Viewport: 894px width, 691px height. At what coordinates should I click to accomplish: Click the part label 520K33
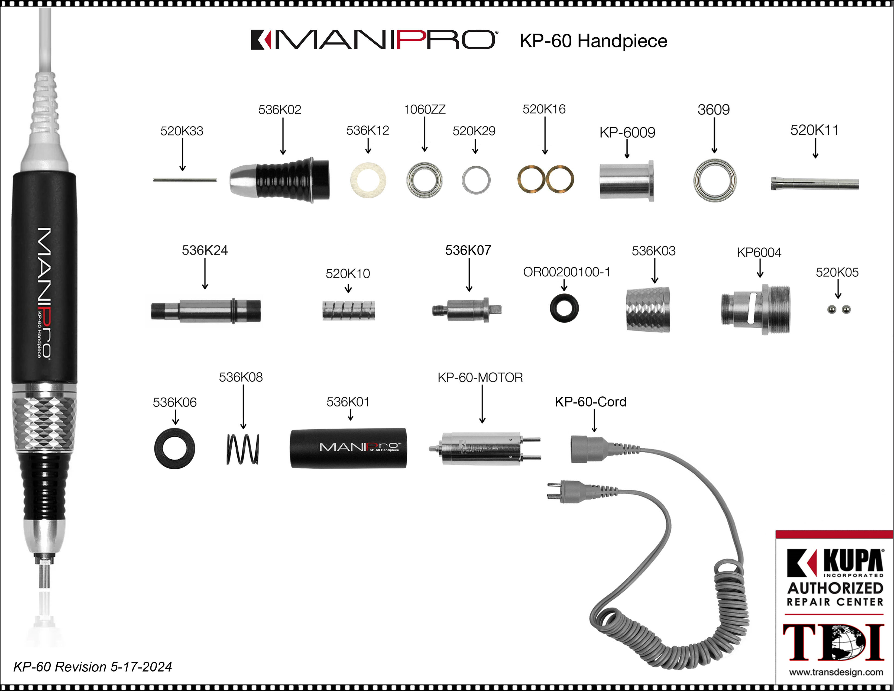182,131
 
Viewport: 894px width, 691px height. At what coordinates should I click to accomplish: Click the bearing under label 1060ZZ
425,180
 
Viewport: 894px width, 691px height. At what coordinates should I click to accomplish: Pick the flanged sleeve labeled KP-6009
626,180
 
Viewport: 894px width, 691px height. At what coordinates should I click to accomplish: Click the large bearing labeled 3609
714,180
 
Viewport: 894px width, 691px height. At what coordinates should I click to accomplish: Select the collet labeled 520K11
815,183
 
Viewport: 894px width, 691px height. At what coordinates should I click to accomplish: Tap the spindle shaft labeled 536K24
206,311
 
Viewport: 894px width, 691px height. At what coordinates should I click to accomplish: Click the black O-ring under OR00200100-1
564,308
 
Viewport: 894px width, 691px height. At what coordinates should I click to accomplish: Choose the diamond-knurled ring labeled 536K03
648,309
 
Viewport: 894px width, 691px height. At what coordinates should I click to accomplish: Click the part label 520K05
837,272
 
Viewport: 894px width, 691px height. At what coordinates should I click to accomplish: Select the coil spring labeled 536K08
243,449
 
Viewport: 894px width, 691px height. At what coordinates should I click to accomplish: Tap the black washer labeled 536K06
175,449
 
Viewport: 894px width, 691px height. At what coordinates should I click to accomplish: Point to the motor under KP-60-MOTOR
483,449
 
